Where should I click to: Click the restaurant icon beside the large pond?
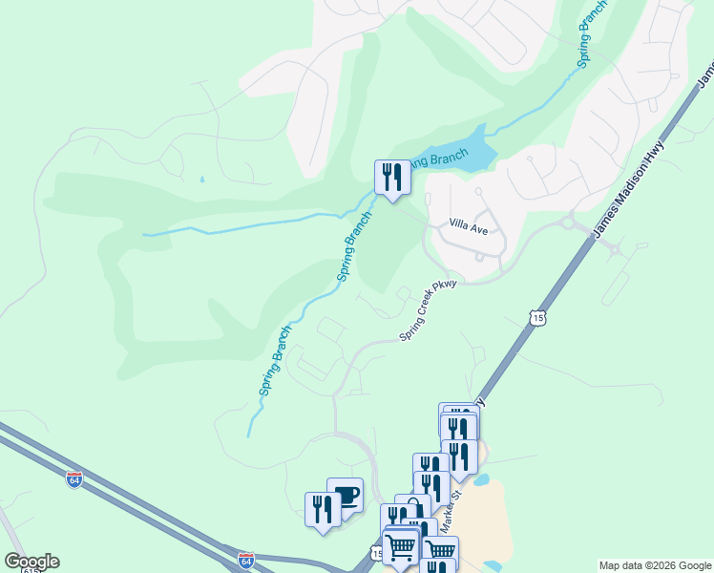391,178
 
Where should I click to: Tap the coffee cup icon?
346,496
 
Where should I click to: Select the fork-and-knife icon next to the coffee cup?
323,509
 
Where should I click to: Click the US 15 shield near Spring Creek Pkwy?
539,316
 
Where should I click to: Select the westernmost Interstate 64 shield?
74,477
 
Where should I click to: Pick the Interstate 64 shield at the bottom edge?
246,558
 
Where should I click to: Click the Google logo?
31,562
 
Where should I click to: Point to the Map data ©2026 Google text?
655,565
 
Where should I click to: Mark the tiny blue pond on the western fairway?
202,179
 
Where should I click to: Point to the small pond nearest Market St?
482,479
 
